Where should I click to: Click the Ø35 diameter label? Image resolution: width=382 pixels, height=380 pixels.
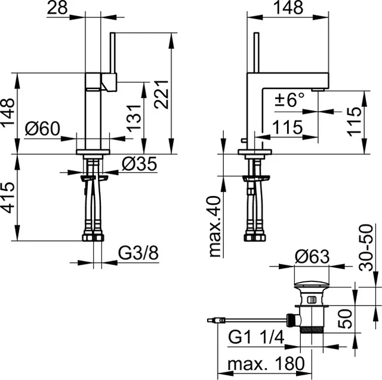pos(140,164)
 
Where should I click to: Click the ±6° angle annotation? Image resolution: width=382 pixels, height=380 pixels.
pos(289,100)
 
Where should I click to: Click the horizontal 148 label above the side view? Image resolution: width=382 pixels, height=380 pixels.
pos(287,8)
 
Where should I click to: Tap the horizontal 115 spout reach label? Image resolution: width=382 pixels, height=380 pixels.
pos(287,127)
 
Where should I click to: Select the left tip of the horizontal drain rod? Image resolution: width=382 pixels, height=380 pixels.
pos(210,320)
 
